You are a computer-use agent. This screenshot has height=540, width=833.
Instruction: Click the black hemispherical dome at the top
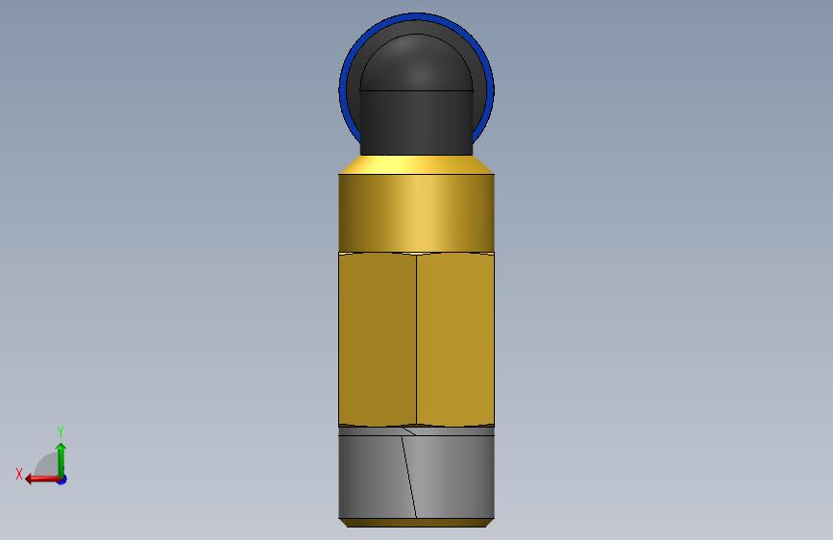pos(417,62)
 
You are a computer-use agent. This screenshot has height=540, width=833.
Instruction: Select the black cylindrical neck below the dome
pos(417,123)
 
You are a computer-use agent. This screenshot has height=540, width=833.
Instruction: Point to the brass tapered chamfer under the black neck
pos(417,164)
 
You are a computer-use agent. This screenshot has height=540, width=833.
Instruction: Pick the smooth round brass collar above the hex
pos(417,213)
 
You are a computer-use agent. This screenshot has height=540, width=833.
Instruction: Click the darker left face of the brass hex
pos(378,339)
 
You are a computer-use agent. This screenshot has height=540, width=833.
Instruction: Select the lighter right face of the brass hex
pos(455,339)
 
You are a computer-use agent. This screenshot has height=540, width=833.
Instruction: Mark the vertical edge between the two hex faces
pos(417,339)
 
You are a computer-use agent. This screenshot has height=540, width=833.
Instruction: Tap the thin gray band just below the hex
pos(417,431)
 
